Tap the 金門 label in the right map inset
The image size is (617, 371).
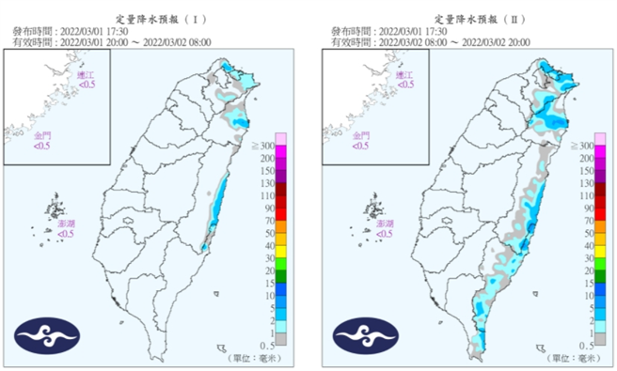(360, 136)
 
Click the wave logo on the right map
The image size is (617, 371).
(365, 333)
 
